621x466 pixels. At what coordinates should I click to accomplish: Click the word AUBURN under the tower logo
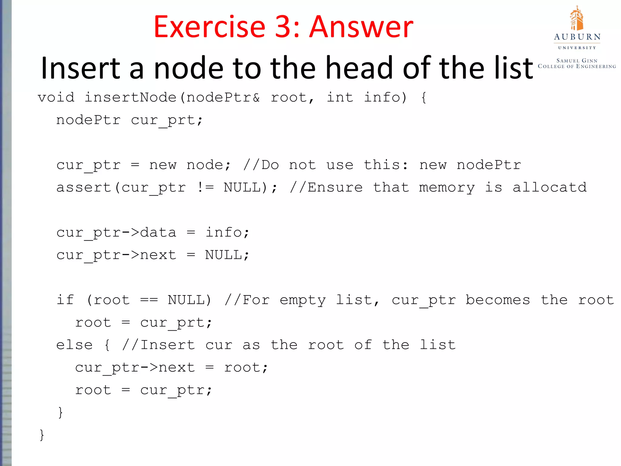point(577,37)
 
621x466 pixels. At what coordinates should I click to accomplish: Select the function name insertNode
point(130,97)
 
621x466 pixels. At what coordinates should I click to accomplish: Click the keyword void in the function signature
point(56,97)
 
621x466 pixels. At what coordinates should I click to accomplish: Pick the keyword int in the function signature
point(340,97)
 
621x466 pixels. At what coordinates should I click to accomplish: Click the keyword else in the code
point(74,345)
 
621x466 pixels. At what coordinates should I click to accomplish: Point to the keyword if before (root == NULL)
point(65,300)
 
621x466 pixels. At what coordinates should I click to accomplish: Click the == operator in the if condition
point(149,300)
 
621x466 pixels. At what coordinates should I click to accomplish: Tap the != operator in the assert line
point(205,187)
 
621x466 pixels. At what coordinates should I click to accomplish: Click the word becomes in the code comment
point(498,300)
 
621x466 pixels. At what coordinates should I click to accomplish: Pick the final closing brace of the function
point(42,434)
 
